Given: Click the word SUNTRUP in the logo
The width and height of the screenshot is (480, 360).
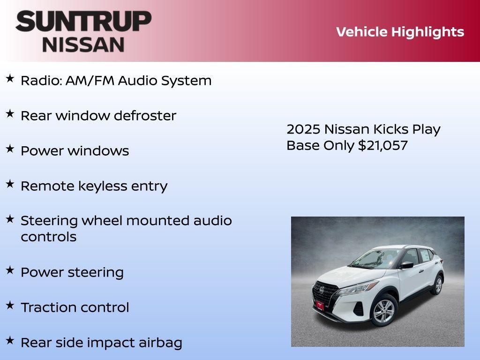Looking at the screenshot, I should (83, 21).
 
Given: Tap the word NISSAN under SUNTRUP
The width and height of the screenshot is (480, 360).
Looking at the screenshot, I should (83, 44).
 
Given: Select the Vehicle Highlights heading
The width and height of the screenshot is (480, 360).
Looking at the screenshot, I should (400, 32).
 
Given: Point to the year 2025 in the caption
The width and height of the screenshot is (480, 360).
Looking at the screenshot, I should (303, 129).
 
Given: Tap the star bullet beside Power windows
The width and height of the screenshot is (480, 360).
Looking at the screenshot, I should (10, 149).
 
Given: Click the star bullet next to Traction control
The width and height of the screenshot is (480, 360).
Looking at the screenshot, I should (10, 306).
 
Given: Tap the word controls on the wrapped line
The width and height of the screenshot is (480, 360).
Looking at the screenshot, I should (48, 237).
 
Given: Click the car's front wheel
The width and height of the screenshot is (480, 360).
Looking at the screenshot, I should (384, 310).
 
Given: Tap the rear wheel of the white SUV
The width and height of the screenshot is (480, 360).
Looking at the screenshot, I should (438, 285).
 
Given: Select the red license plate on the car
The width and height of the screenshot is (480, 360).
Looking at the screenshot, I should (319, 306).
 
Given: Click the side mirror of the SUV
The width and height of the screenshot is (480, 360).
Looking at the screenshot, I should (406, 265).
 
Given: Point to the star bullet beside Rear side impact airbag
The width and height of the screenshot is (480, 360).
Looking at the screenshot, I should (10, 341).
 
